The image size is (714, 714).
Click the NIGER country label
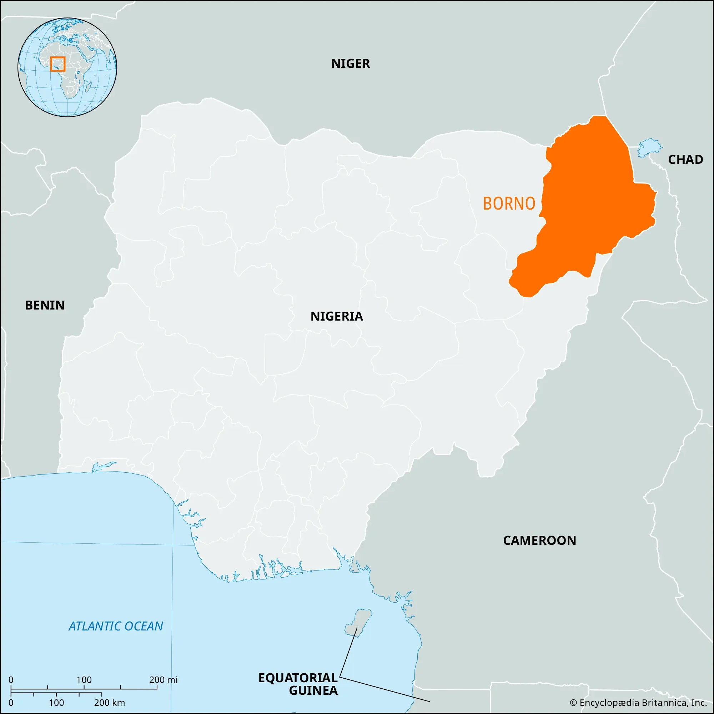click(350, 64)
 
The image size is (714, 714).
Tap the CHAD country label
click(685, 160)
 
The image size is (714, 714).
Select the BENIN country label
click(45, 305)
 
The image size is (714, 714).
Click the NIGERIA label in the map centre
click(336, 316)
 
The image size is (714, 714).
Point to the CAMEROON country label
click(539, 540)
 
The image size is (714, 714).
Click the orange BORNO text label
click(509, 203)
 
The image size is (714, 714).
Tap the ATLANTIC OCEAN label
click(116, 626)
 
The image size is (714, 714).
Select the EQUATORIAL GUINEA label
click(298, 684)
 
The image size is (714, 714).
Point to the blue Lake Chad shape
click(650, 148)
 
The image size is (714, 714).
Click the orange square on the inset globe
click(57, 64)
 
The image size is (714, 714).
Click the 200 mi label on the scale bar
click(164, 680)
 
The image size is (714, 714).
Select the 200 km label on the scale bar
click(109, 703)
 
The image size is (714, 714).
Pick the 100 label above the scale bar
click(84, 680)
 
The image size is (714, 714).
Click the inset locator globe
click(67, 67)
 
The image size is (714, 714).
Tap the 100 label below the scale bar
click(56, 703)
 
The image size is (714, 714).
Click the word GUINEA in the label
click(313, 690)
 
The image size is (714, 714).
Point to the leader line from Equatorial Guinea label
click(384, 689)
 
